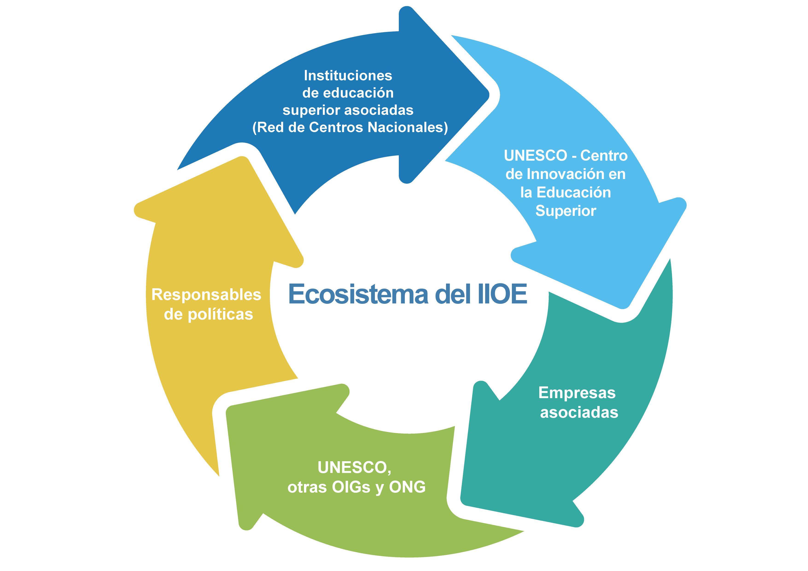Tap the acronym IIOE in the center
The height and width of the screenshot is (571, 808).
click(x=502, y=294)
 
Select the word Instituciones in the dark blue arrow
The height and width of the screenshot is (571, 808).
click(x=348, y=76)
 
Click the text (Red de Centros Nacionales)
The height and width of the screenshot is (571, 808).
click(x=350, y=127)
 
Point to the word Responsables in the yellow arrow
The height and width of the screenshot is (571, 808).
click(x=206, y=295)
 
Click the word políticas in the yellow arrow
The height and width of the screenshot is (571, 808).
click(x=220, y=314)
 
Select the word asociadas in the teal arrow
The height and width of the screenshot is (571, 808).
click(x=579, y=412)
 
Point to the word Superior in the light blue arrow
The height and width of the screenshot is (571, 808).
click(x=566, y=211)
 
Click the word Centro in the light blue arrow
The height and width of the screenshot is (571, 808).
click(x=604, y=156)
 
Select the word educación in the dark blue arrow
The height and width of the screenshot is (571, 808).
click(x=358, y=93)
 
